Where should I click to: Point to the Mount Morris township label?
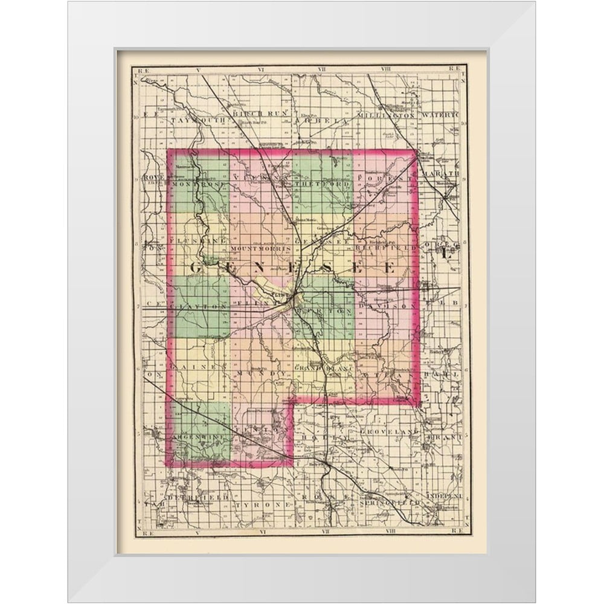262,248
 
